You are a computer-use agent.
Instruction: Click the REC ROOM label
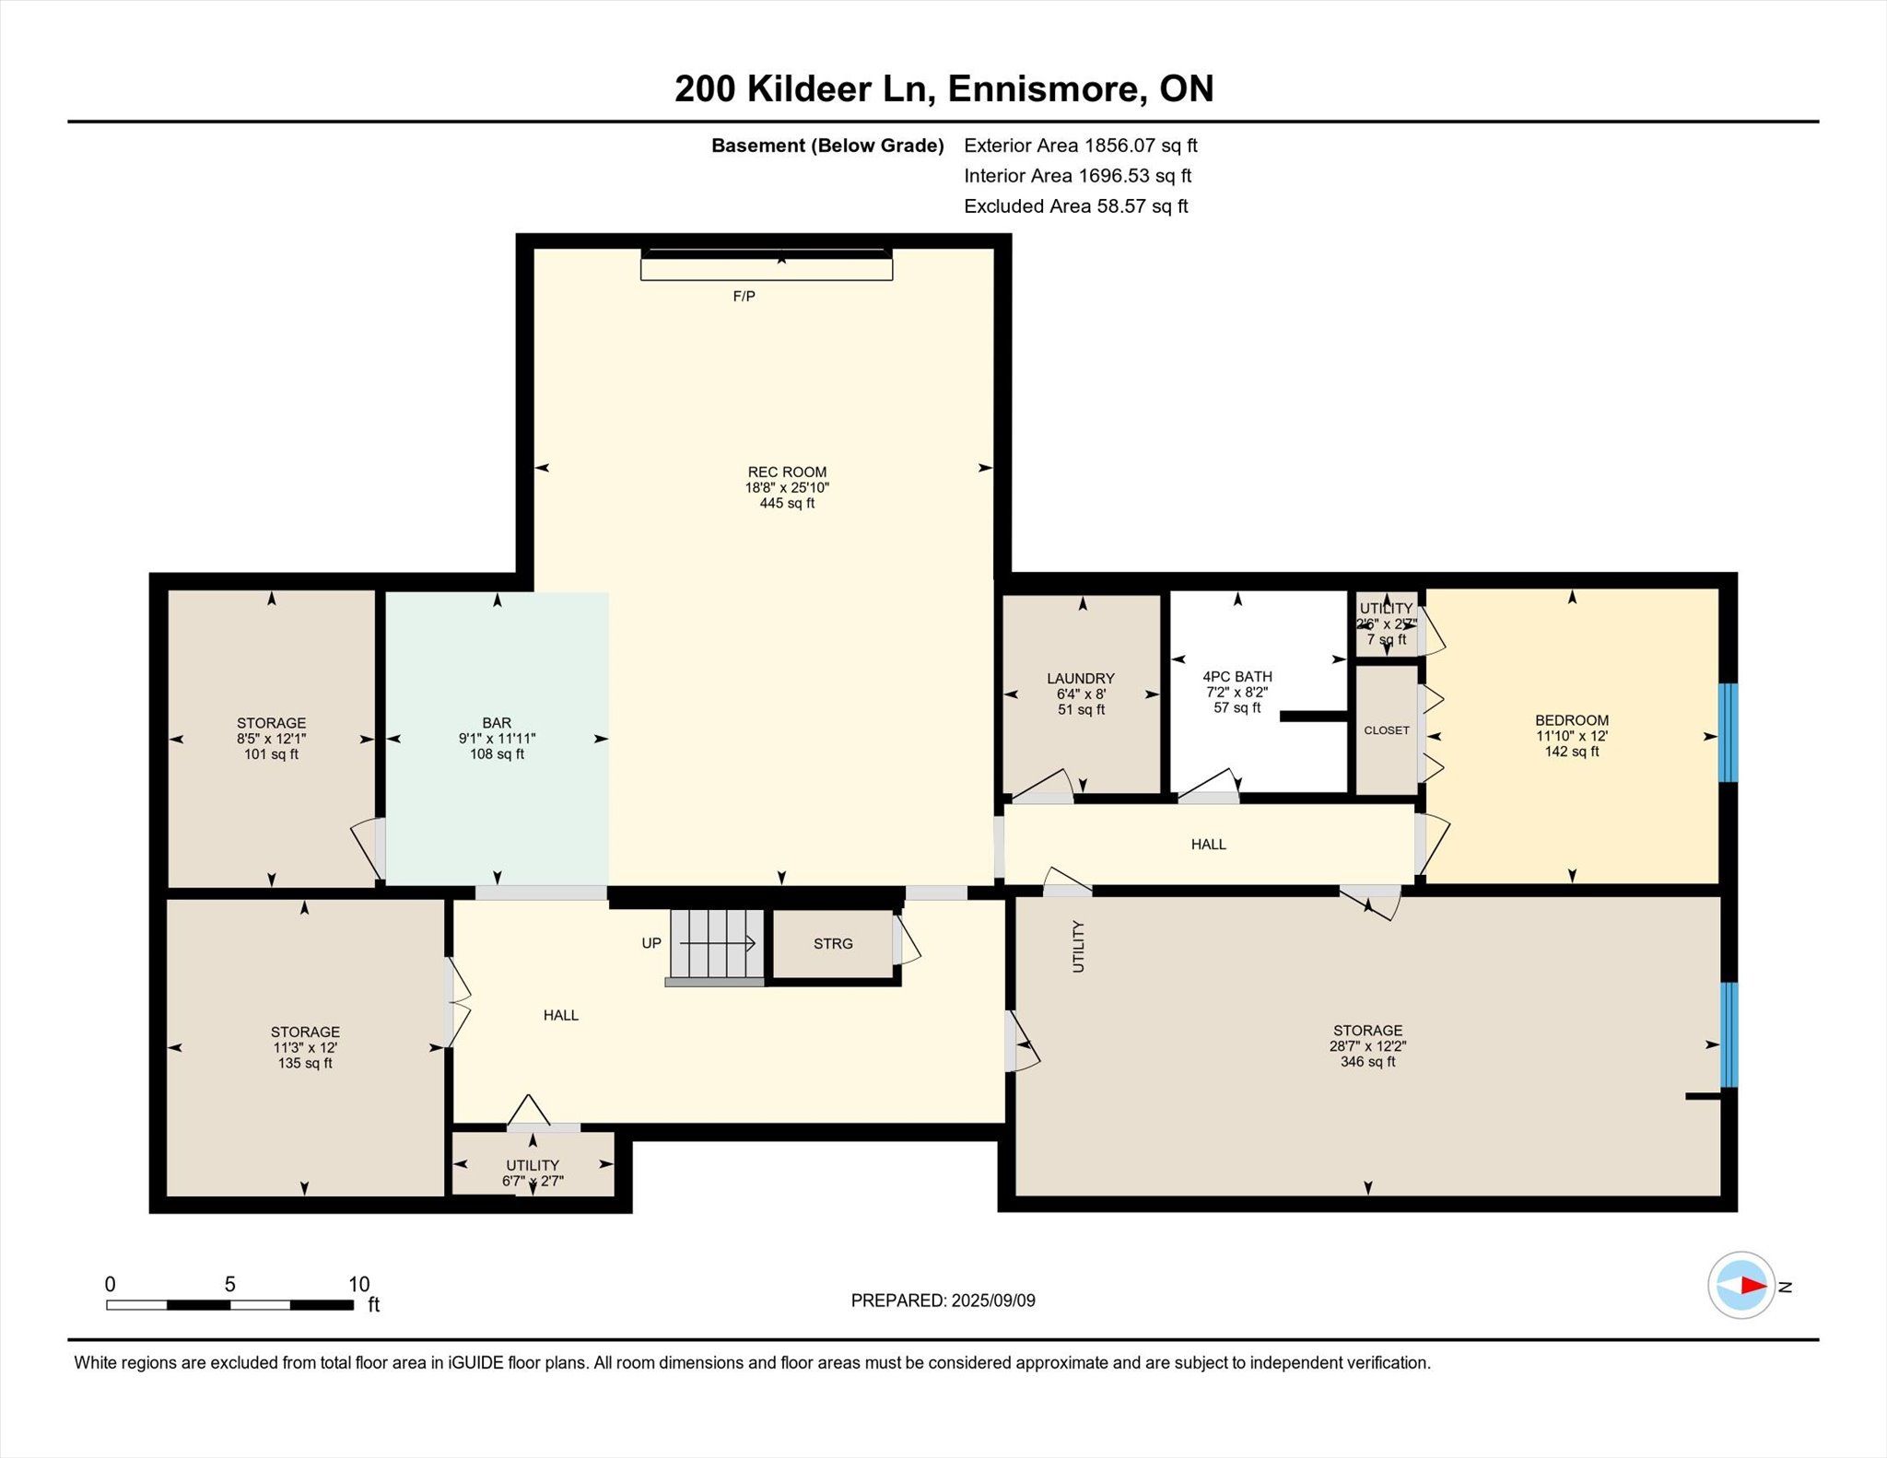coord(787,472)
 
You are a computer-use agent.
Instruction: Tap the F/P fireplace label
coord(744,297)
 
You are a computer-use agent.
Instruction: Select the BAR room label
coord(497,723)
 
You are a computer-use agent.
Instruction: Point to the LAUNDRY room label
coord(1081,679)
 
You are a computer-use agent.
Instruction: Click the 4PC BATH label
coord(1237,677)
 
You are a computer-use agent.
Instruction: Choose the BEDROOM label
coord(1572,720)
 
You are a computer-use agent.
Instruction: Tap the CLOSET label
coord(1387,730)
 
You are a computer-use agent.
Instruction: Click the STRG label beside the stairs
coord(833,944)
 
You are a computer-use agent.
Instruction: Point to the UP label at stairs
coord(651,943)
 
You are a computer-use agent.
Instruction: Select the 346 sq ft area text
coord(1367,1062)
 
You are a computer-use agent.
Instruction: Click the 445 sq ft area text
coord(787,504)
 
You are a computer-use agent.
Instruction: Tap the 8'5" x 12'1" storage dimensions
coord(271,739)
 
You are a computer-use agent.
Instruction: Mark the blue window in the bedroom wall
coord(1729,733)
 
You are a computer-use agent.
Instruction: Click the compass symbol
coord(1741,1285)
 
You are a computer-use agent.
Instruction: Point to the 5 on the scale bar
coord(229,1284)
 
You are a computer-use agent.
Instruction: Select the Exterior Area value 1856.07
coord(1119,146)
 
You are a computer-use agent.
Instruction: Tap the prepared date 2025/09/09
coord(993,1301)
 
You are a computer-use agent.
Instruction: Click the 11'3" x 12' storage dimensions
coord(305,1048)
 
